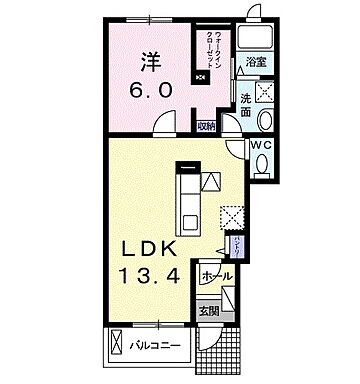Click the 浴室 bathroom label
(255, 63)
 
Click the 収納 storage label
(206, 125)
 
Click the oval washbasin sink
(266, 122)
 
